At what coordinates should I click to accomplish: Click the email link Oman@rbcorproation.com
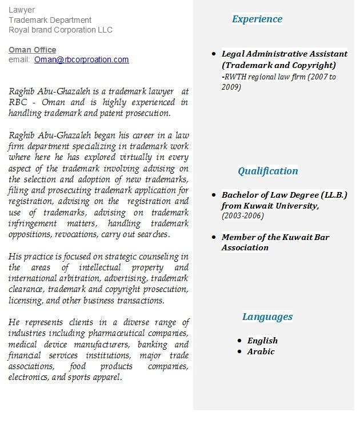point(81,59)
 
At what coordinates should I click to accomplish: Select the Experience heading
point(257,19)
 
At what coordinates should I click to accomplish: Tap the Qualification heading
point(268,171)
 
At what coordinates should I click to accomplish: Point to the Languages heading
point(267,317)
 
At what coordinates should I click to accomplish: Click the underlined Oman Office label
point(32,50)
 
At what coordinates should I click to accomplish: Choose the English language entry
point(262,341)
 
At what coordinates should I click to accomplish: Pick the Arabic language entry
point(261,351)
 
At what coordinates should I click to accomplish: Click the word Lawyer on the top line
point(22,10)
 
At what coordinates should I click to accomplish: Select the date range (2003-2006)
point(243,216)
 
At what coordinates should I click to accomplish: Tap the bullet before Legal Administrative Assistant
point(214,54)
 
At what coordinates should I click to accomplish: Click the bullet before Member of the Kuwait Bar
point(214,237)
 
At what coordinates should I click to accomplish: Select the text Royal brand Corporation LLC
point(61,30)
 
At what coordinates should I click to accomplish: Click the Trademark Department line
point(50,20)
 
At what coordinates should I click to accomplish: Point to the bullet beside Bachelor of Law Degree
point(214,195)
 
